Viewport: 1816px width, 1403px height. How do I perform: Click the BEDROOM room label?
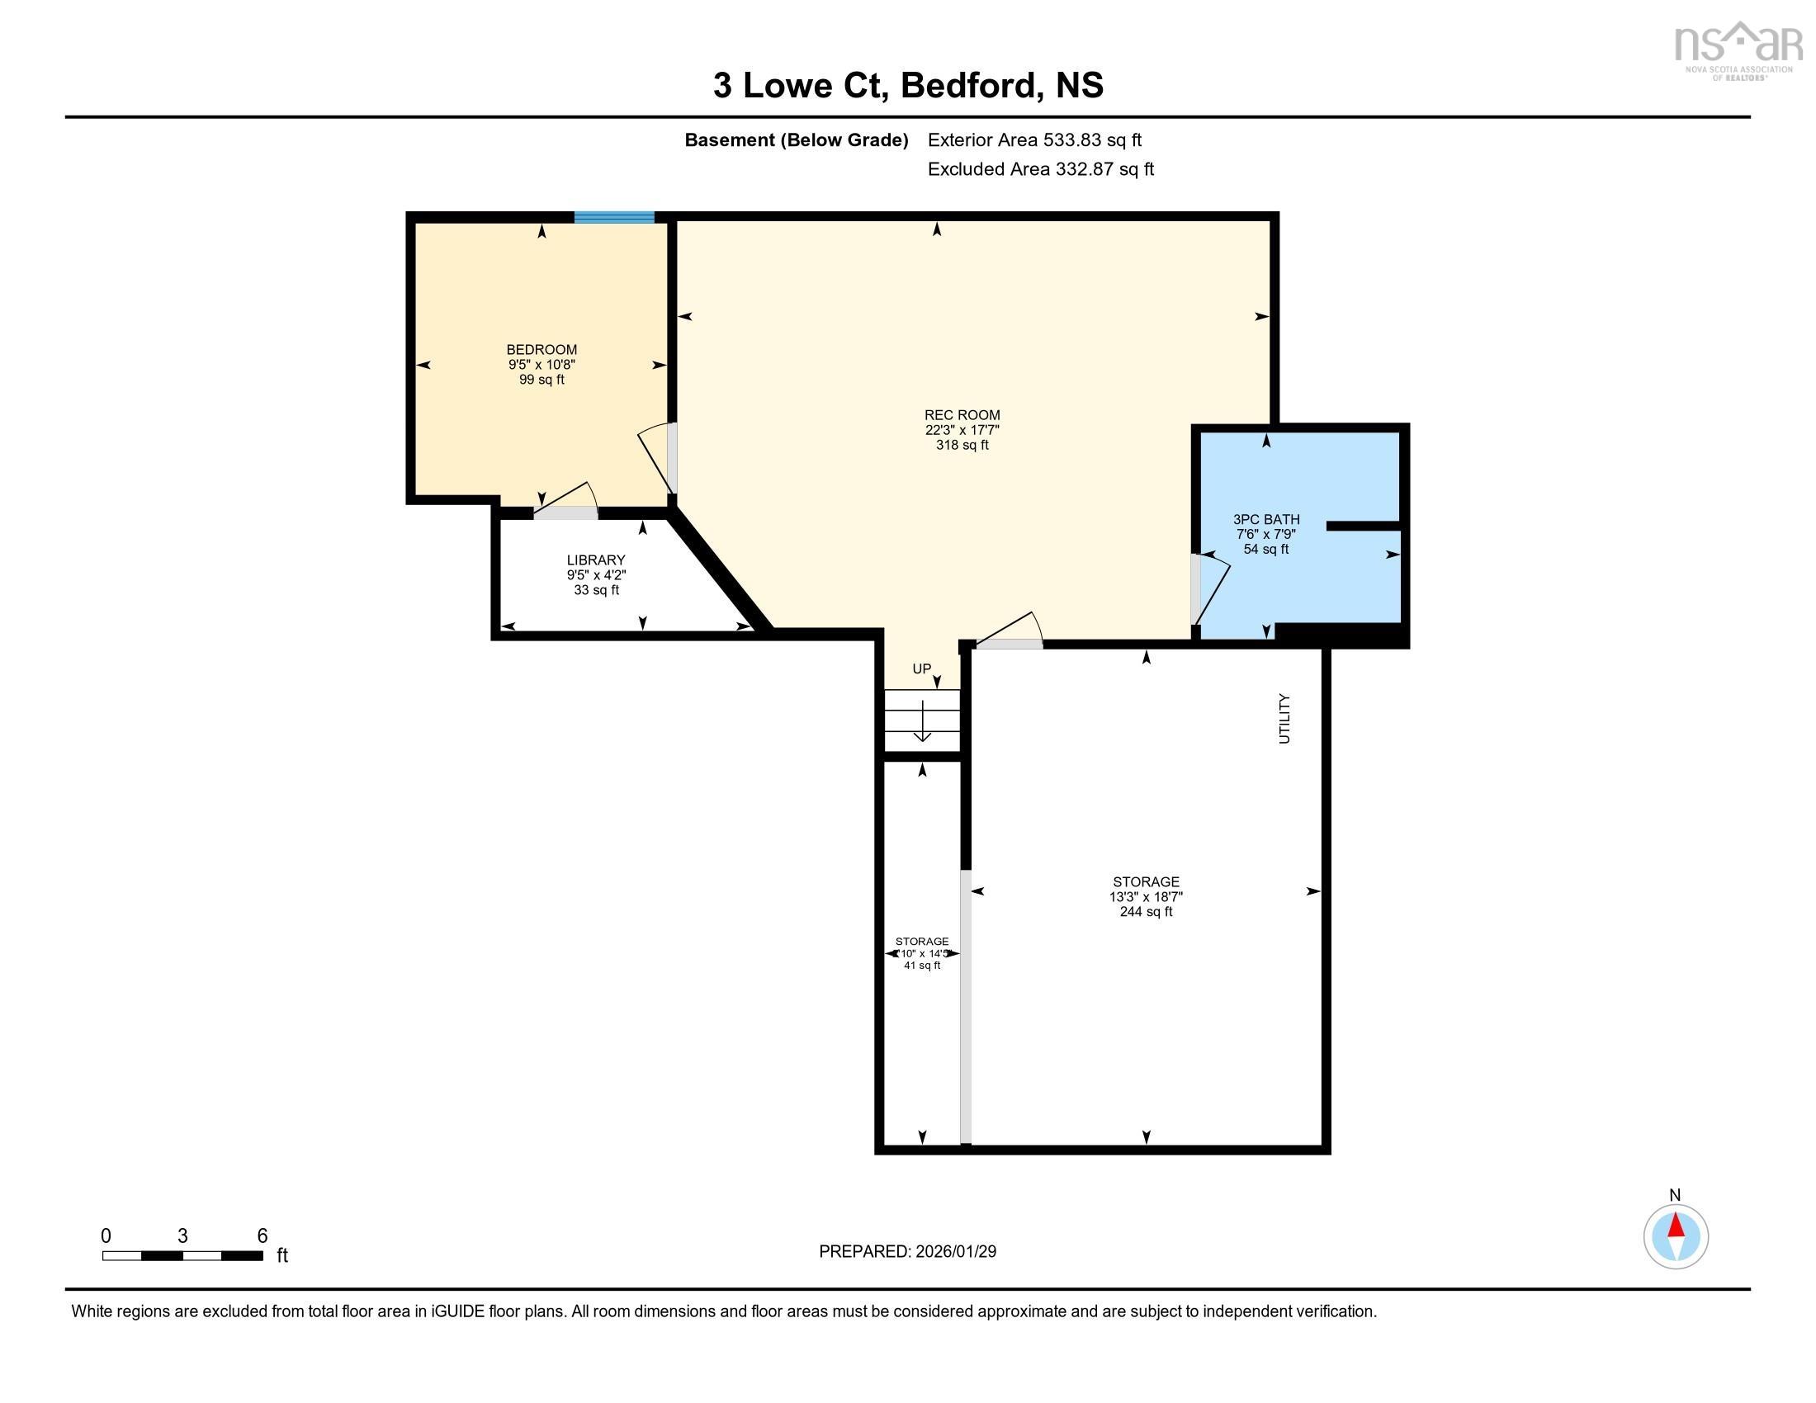pos(541,350)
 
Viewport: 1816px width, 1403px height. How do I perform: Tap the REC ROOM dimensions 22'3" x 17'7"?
pos(962,430)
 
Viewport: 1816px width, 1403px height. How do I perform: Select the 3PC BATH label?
pos(1265,519)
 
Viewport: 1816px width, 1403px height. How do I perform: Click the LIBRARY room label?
pos(595,560)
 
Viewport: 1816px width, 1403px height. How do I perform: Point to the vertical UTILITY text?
pos(1284,719)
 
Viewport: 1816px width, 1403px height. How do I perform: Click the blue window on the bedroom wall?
pos(613,218)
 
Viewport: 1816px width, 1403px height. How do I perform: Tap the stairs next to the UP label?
pos(921,720)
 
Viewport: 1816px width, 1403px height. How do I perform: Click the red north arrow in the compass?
pos(1676,1226)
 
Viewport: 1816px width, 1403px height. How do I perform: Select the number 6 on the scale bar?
pos(262,1236)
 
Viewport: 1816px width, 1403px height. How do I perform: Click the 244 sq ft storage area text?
pos(1146,912)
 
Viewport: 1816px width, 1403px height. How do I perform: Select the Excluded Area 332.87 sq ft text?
pos(1040,169)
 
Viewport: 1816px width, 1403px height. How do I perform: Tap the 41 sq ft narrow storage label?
pos(921,966)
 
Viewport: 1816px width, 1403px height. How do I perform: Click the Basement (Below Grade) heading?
pos(796,140)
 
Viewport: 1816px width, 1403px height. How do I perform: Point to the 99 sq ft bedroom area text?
pos(541,380)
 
